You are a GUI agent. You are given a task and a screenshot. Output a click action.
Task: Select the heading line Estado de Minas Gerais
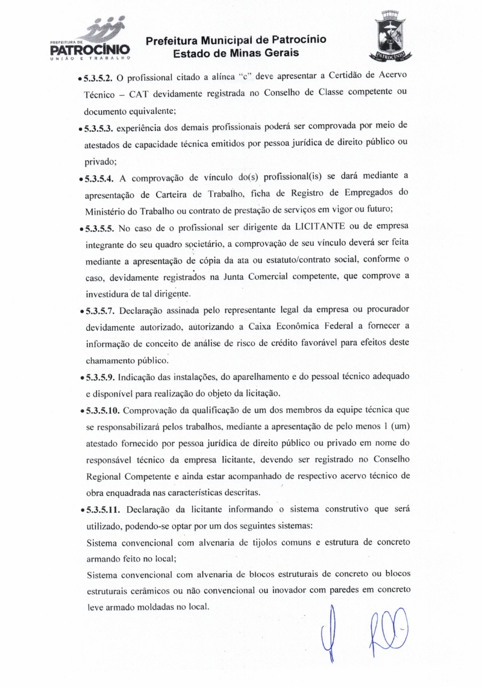(x=236, y=54)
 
